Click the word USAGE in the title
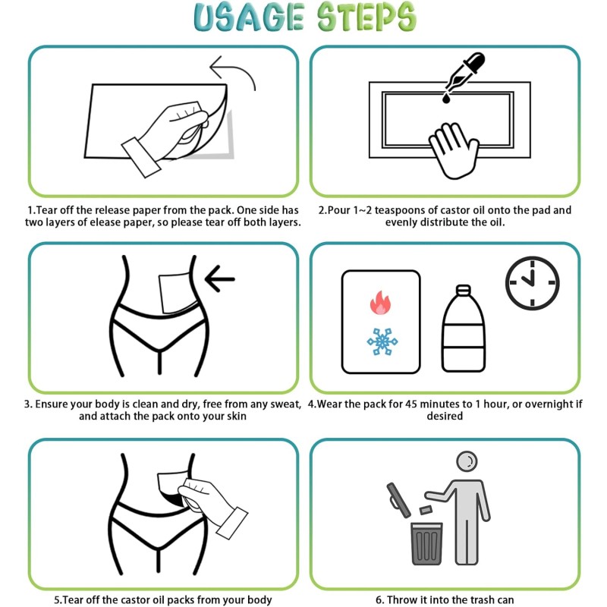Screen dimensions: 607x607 pyautogui.click(x=249, y=17)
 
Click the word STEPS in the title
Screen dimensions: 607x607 pyautogui.click(x=366, y=17)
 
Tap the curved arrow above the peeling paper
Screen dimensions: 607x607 pyautogui.click(x=232, y=71)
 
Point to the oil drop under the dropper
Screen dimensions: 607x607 pyautogui.click(x=446, y=99)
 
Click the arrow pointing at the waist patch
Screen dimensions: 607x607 pyautogui.click(x=219, y=278)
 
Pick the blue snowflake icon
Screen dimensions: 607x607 pyautogui.click(x=382, y=341)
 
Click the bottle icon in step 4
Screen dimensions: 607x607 pyautogui.click(x=464, y=329)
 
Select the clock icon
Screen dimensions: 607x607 pyautogui.click(x=533, y=283)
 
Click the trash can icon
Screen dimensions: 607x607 pyautogui.click(x=426, y=543)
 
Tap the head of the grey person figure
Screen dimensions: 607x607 pyautogui.click(x=467, y=461)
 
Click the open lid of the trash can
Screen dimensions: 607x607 pyautogui.click(x=398, y=500)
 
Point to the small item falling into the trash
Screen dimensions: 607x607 pyautogui.click(x=426, y=510)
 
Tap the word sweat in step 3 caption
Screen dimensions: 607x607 pyautogui.click(x=286, y=404)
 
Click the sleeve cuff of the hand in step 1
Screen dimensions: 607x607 pyautogui.click(x=141, y=158)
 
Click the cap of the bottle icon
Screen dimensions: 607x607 pyautogui.click(x=464, y=291)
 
